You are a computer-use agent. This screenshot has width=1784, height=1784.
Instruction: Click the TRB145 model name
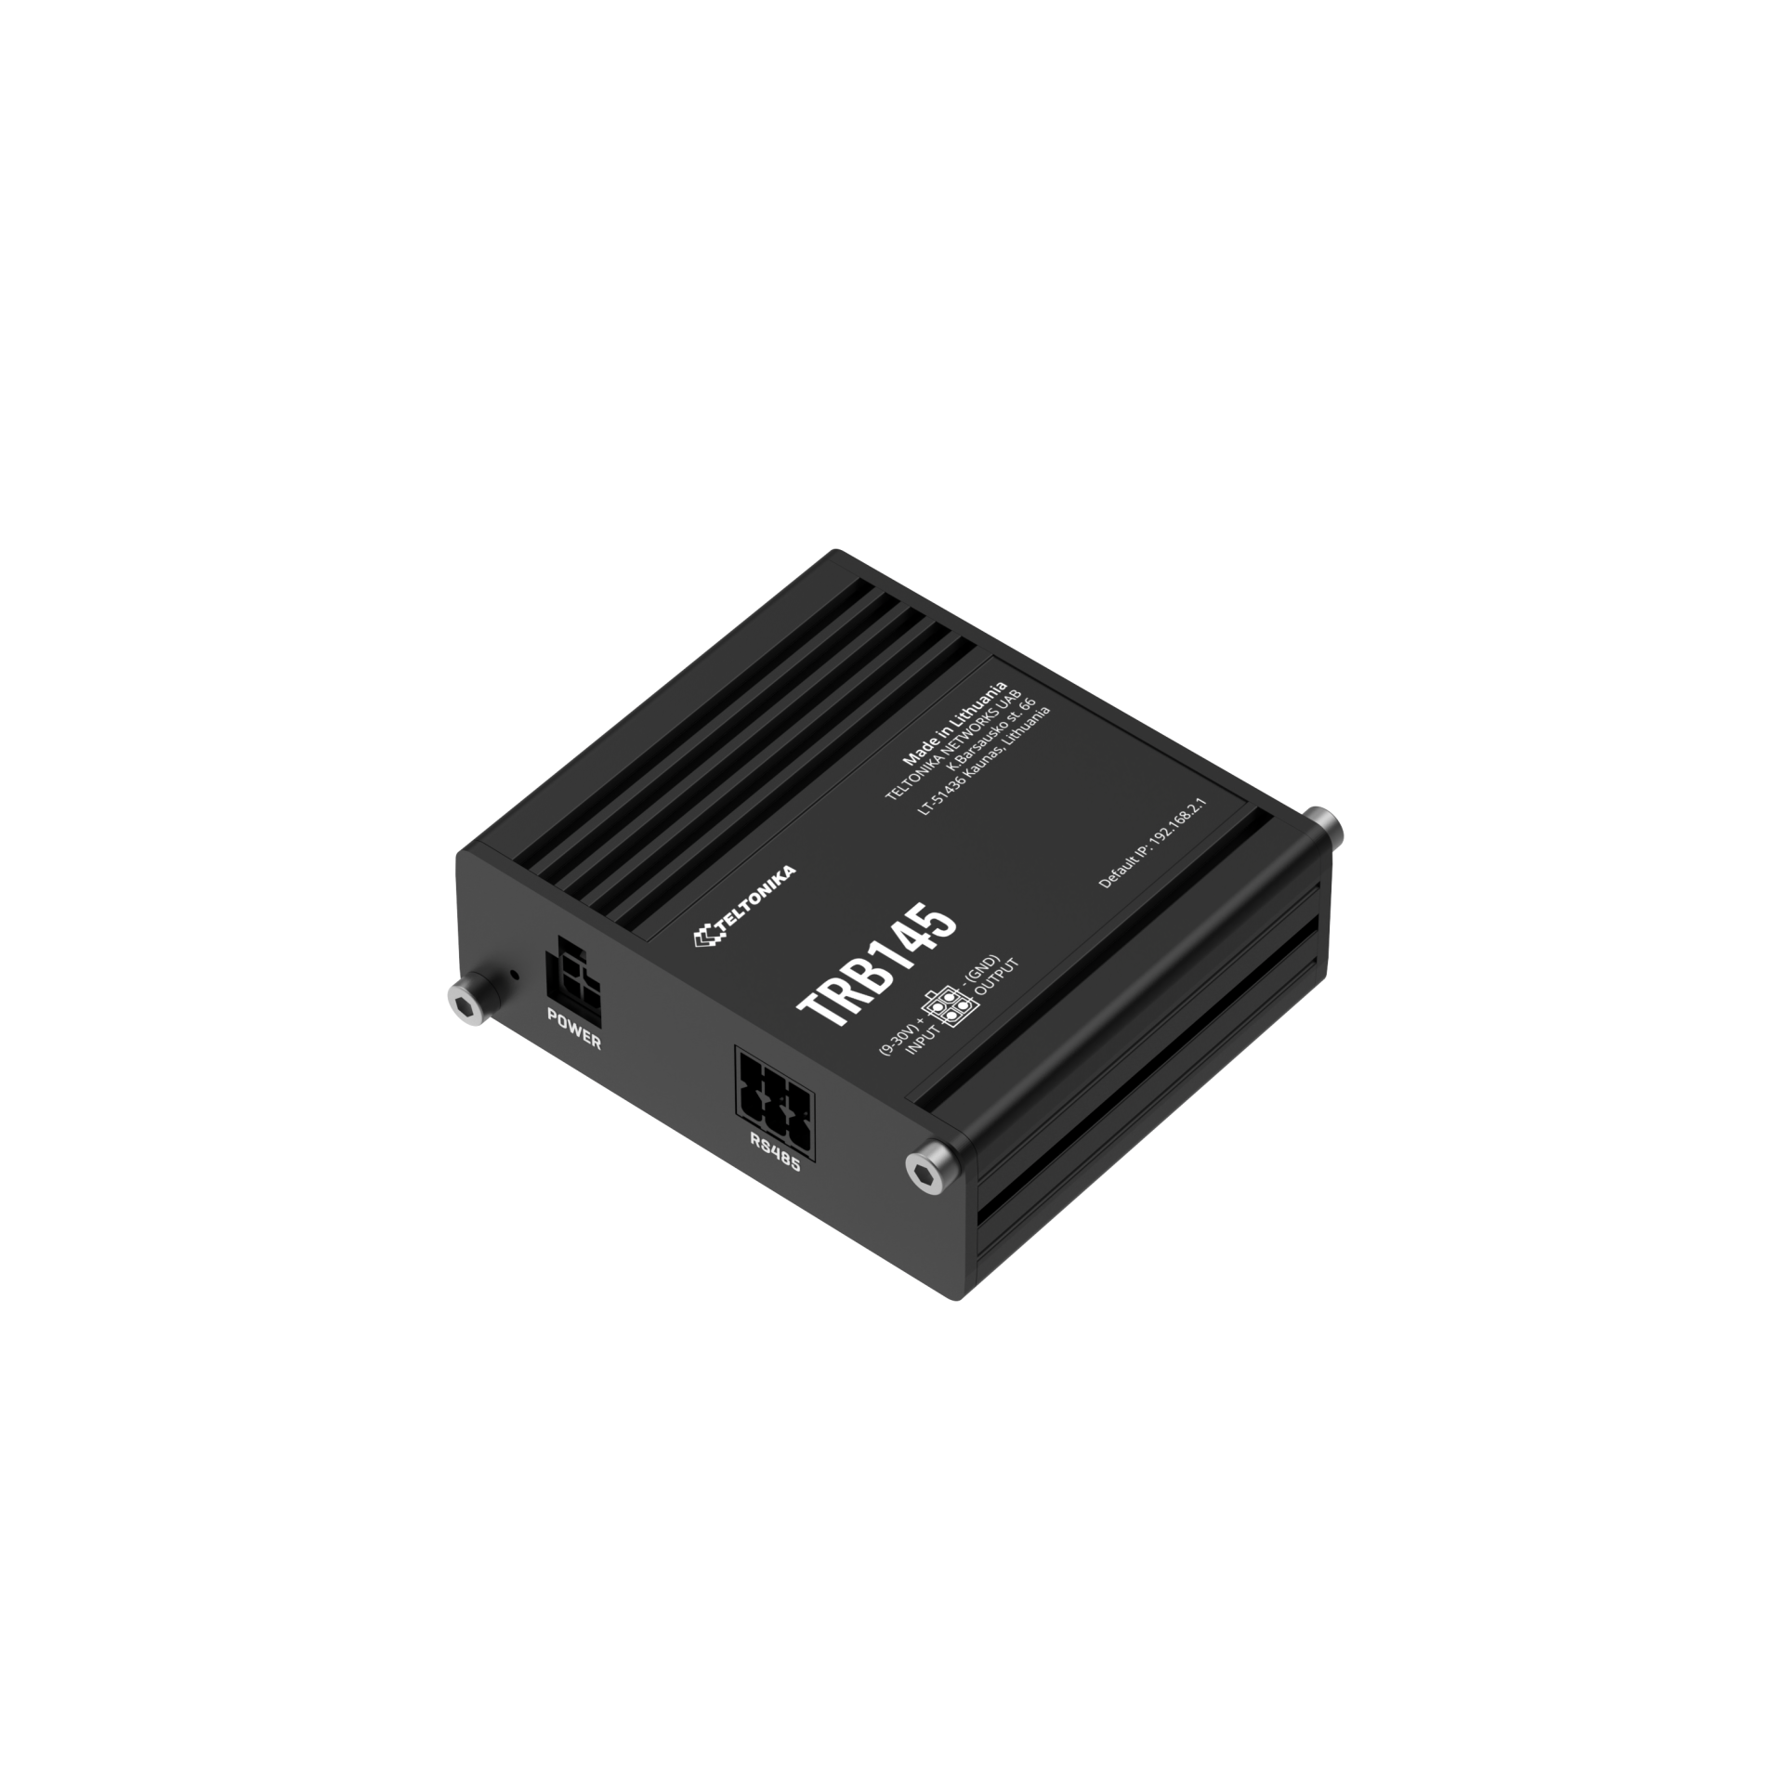[876, 967]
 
